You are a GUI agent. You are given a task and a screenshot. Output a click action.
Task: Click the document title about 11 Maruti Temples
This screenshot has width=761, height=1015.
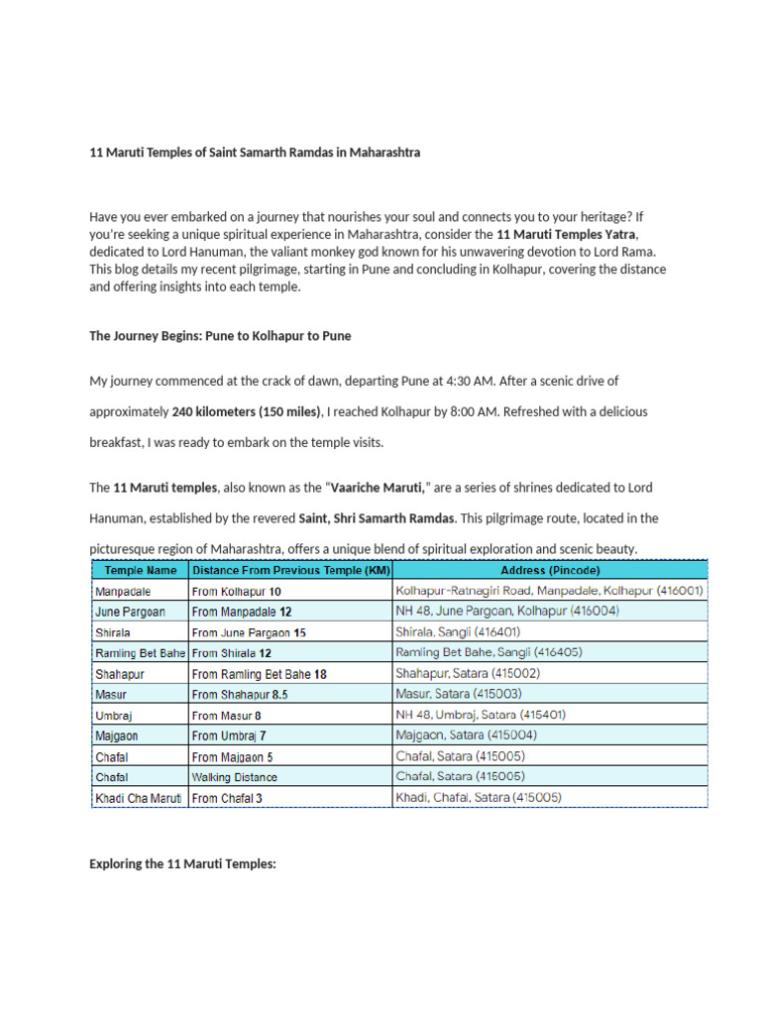point(255,153)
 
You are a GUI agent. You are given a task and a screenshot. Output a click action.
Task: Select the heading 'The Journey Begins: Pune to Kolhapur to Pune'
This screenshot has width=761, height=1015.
point(220,336)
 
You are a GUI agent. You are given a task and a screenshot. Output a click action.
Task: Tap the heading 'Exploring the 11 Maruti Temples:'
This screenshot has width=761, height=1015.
point(182,864)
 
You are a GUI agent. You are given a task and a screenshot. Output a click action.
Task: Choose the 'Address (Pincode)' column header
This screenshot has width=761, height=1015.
point(550,571)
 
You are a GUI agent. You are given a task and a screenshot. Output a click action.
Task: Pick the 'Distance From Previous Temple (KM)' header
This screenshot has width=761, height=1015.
point(290,571)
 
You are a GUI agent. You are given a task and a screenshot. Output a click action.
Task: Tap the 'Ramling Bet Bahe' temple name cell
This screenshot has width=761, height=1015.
point(140,653)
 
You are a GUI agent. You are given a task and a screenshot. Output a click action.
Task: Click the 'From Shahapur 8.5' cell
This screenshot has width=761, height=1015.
point(240,695)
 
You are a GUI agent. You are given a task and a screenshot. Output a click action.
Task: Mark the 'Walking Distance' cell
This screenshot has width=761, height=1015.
point(235,777)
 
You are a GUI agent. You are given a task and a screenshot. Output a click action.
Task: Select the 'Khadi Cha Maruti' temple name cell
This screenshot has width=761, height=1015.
point(139,798)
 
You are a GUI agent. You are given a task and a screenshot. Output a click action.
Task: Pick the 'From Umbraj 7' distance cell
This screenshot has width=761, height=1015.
point(229,735)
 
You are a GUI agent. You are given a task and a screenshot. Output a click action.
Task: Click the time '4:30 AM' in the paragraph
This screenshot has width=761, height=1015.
point(462,381)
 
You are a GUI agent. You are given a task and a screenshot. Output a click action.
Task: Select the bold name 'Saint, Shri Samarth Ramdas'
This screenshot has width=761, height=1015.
point(377,518)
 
